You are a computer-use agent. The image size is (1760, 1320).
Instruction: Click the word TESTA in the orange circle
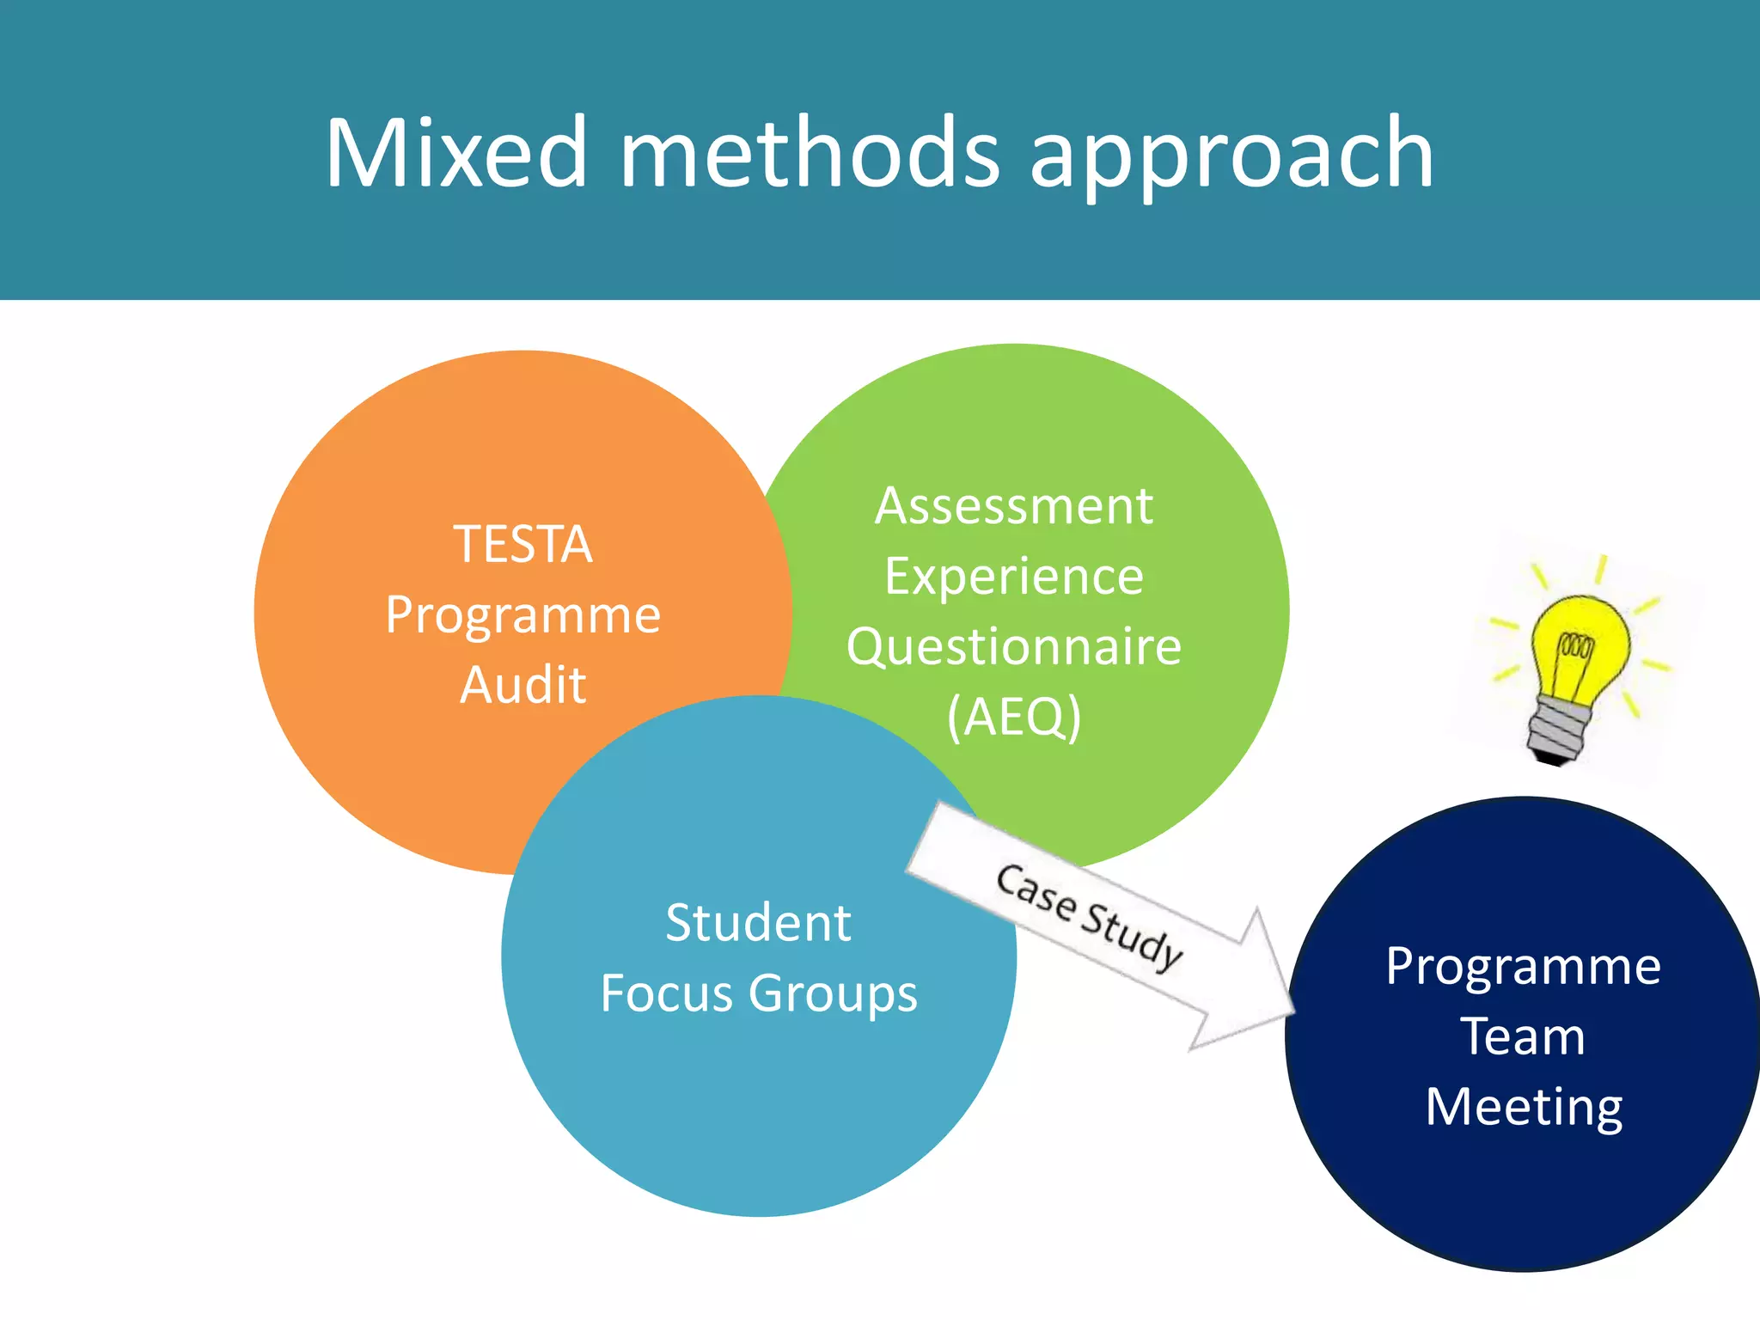pos(522,544)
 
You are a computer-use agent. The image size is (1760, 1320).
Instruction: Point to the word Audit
pos(522,685)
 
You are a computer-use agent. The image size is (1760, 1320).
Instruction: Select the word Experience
pos(1013,577)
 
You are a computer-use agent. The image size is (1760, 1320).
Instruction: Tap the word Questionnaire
pos(1013,646)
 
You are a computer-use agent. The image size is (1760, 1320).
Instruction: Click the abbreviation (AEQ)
pos(1013,717)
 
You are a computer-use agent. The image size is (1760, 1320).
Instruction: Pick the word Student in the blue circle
pos(758,923)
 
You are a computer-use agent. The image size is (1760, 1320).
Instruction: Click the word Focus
pos(667,993)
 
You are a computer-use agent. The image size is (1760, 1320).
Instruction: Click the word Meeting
pos(1523,1107)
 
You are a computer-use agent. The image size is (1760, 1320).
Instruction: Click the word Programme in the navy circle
pos(1523,967)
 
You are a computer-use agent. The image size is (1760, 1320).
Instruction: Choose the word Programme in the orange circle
pos(522,616)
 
